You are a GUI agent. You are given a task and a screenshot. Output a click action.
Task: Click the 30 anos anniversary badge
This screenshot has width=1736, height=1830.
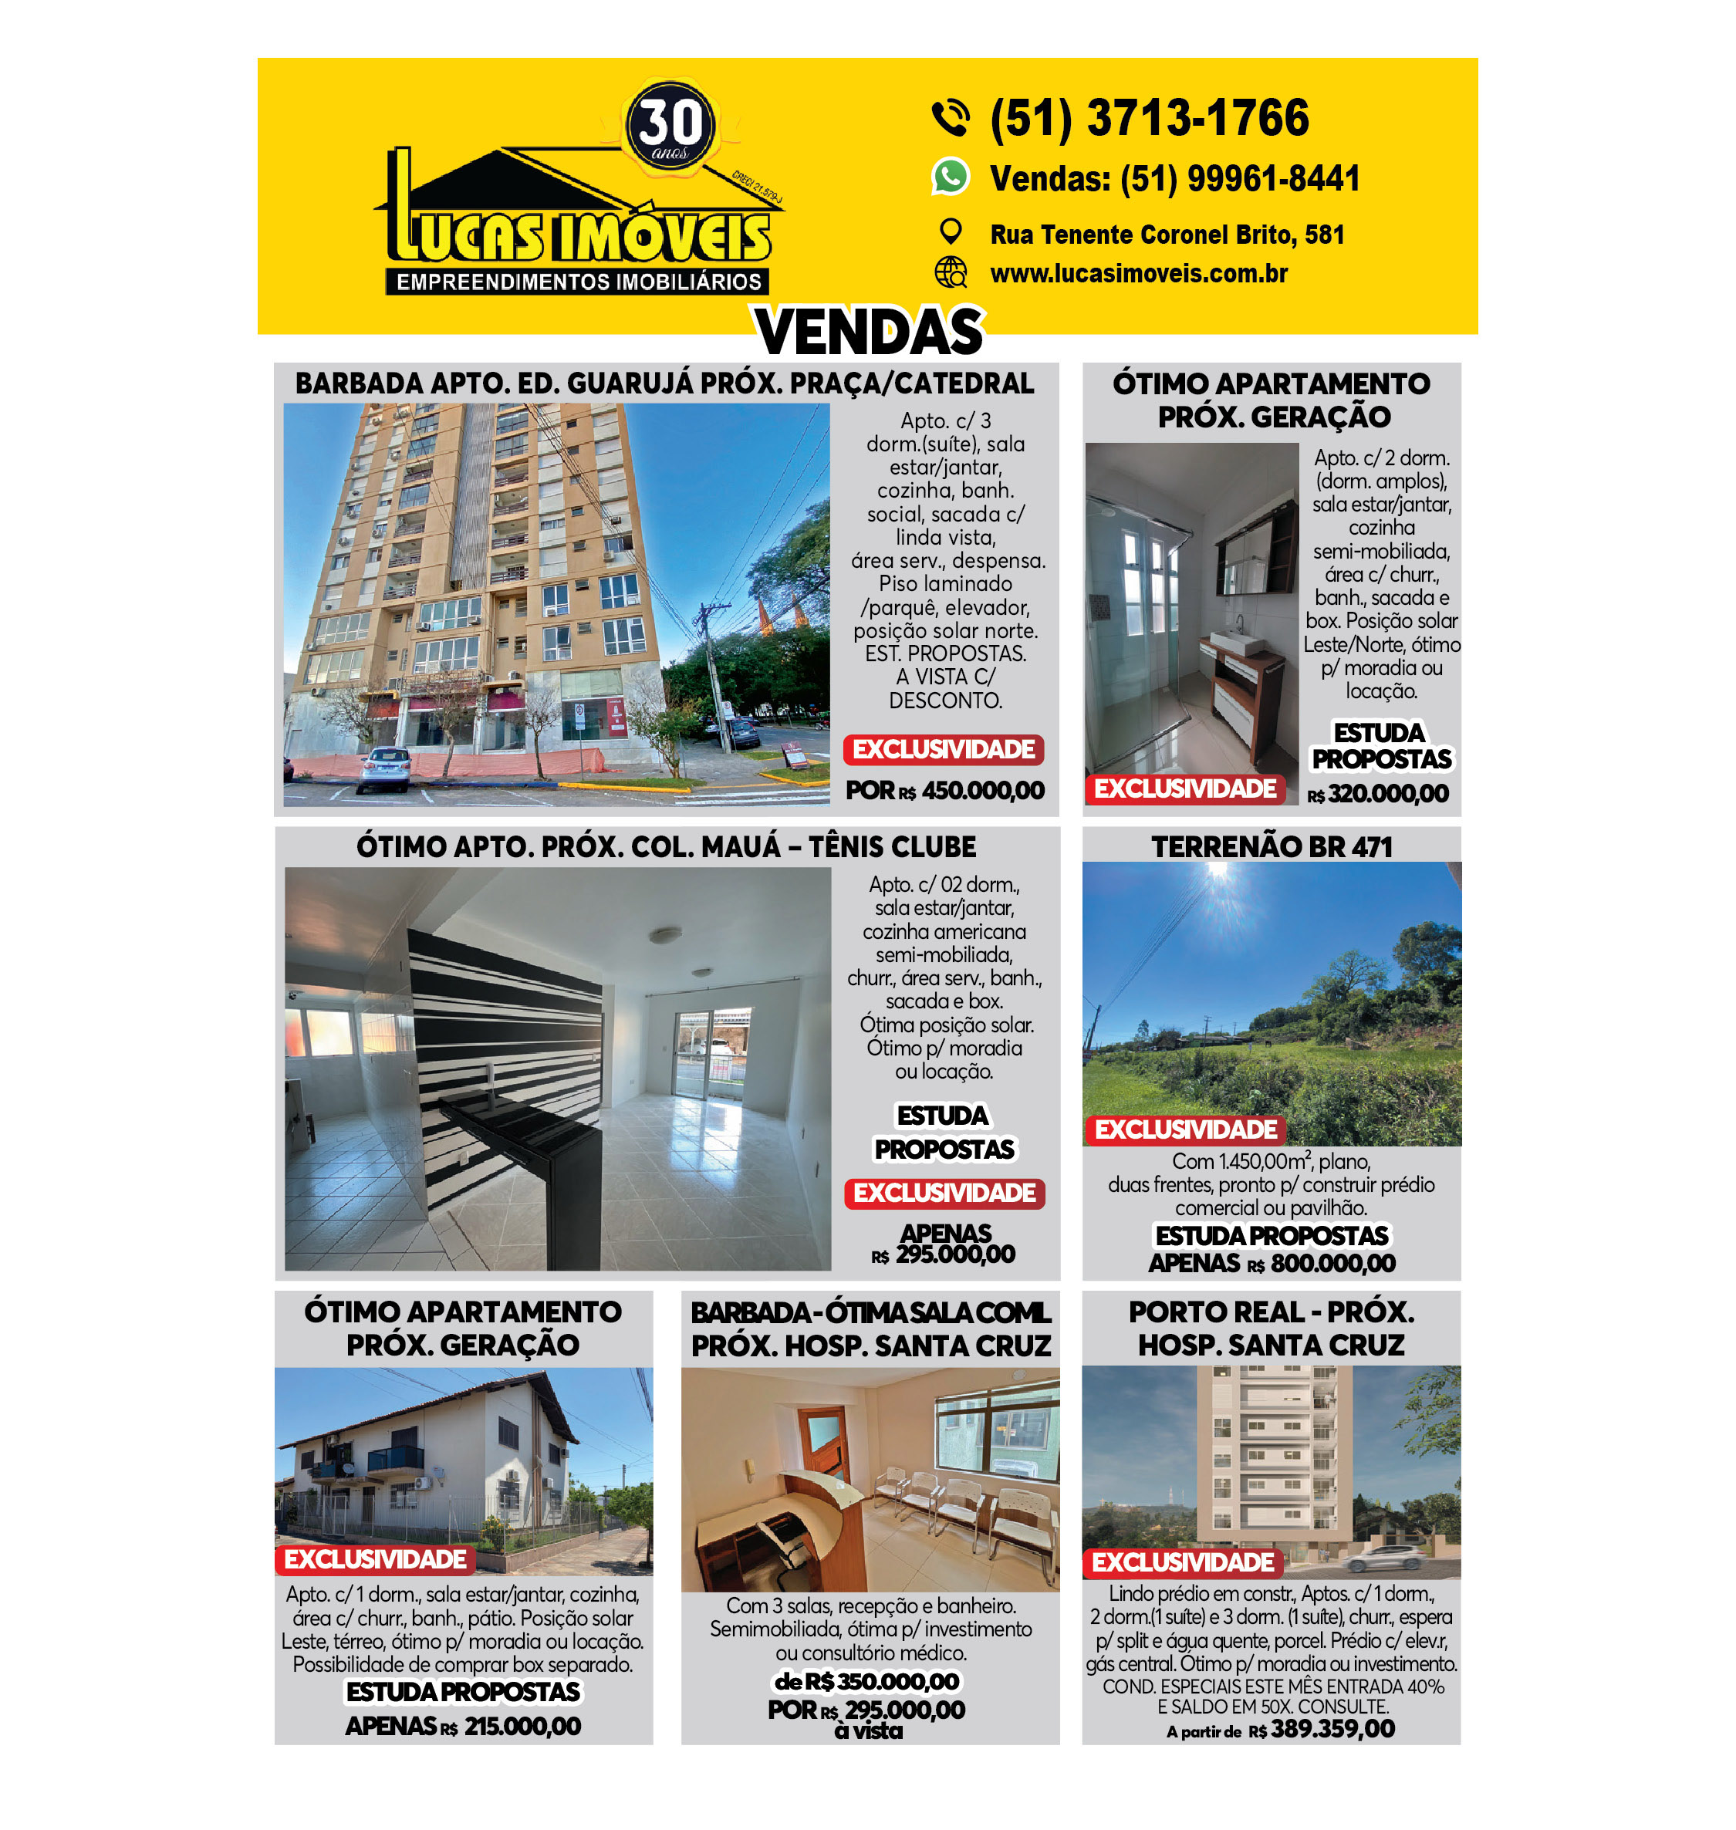click(670, 125)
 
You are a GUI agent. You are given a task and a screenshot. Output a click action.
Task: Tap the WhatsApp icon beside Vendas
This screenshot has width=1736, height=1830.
click(950, 177)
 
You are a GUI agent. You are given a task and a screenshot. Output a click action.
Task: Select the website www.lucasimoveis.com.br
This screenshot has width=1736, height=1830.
click(1138, 274)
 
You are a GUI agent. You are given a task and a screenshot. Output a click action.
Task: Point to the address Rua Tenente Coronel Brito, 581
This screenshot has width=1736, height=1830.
click(1166, 235)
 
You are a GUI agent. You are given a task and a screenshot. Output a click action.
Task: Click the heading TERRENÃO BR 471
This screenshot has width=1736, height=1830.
click(1272, 846)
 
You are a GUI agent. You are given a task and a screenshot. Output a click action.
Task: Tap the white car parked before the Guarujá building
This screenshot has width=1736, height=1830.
click(386, 767)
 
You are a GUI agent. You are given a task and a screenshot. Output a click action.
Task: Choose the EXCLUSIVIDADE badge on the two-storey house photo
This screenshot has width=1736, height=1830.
click(375, 1560)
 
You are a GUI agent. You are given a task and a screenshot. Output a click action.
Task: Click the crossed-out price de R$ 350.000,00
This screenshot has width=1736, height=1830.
click(867, 1681)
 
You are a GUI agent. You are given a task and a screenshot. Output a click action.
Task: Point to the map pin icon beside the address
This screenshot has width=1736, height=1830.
click(951, 231)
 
